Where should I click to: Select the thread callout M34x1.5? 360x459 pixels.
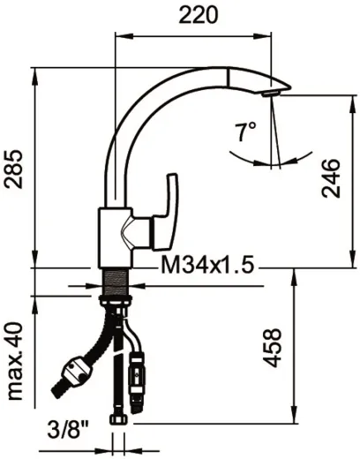[206, 266]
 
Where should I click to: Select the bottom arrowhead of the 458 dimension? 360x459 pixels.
[294, 423]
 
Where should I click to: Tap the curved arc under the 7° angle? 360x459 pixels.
[265, 162]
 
